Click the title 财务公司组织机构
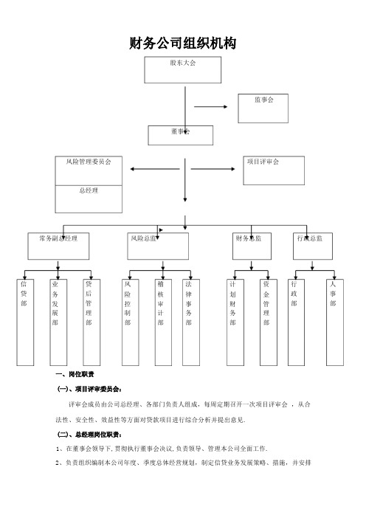(x=182, y=44)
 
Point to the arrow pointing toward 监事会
(x=211, y=107)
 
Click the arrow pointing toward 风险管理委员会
(x=155, y=169)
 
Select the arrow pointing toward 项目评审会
(x=213, y=169)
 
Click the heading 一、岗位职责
(x=75, y=374)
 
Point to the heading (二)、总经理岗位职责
(x=90, y=435)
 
